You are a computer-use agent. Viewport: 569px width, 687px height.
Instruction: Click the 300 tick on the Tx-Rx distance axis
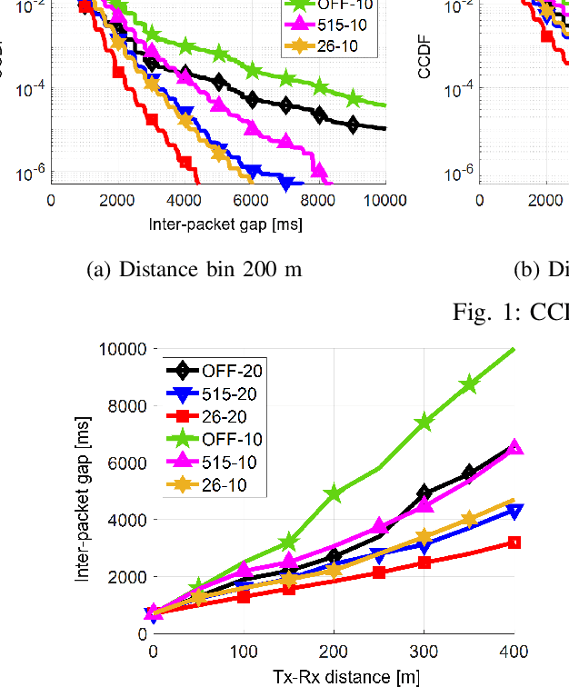424,652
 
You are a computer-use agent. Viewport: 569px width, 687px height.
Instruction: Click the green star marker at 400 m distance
514,349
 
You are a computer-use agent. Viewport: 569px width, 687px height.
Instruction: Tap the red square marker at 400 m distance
514,543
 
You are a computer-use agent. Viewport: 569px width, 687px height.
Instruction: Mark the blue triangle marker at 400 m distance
514,512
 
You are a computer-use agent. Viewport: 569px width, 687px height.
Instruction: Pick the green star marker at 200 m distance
334,493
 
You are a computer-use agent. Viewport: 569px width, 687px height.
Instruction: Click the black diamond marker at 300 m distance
424,493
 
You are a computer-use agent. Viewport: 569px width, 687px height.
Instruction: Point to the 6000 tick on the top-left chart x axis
252,201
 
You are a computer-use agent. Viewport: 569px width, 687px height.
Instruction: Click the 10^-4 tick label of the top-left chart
24,89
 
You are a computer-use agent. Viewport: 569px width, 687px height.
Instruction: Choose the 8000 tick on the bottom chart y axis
122,406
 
